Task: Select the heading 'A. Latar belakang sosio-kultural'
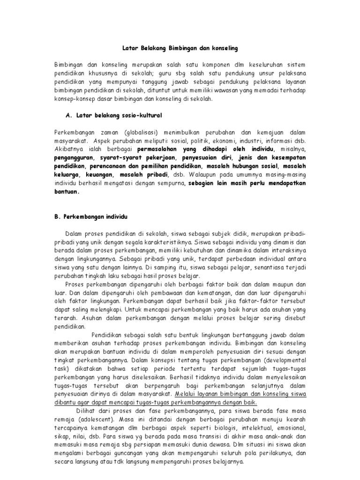tap(115, 115)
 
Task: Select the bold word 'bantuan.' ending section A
tap(66, 191)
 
